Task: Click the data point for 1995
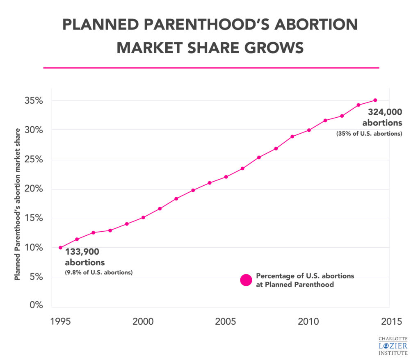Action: click(60, 248)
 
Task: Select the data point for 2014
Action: click(375, 100)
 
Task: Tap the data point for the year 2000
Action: click(143, 217)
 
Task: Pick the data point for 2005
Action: click(226, 177)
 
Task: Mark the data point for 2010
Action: click(309, 130)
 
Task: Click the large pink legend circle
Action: click(246, 280)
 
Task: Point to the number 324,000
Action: click(385, 112)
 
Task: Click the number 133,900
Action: click(82, 252)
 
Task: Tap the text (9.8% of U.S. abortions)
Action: click(98, 272)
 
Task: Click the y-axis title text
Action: click(17, 204)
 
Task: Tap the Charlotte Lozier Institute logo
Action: click(393, 345)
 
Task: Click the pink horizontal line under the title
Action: click(211, 68)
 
